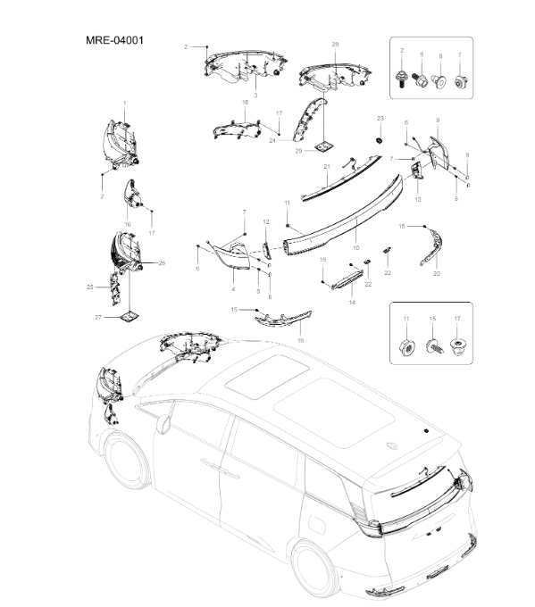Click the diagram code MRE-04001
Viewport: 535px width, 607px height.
(114, 40)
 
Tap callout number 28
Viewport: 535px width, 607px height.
(335, 45)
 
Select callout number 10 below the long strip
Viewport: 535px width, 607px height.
(356, 248)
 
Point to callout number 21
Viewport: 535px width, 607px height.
(327, 166)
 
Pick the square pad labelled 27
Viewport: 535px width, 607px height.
(130, 316)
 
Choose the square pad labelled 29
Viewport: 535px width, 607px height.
(324, 147)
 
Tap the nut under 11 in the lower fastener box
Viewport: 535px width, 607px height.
(406, 348)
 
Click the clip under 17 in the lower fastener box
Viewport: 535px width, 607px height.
(458, 345)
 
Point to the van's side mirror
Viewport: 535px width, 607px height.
(163, 423)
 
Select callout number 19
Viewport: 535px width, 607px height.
(301, 341)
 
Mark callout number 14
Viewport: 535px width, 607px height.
(352, 302)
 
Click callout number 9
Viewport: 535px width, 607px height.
(438, 121)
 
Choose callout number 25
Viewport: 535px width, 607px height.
(90, 287)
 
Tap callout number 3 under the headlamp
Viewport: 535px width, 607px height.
(255, 95)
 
